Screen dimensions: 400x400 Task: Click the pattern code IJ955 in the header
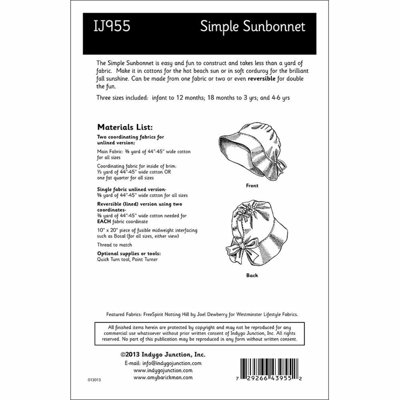113,27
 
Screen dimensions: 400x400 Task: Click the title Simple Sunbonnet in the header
253,27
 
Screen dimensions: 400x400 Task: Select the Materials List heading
124,127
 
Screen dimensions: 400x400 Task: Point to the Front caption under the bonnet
252,186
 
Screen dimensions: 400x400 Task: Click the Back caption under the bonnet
252,275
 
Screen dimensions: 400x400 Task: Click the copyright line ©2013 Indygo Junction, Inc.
163,354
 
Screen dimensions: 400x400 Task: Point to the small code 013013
94,380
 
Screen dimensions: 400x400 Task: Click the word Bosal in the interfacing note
118,236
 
